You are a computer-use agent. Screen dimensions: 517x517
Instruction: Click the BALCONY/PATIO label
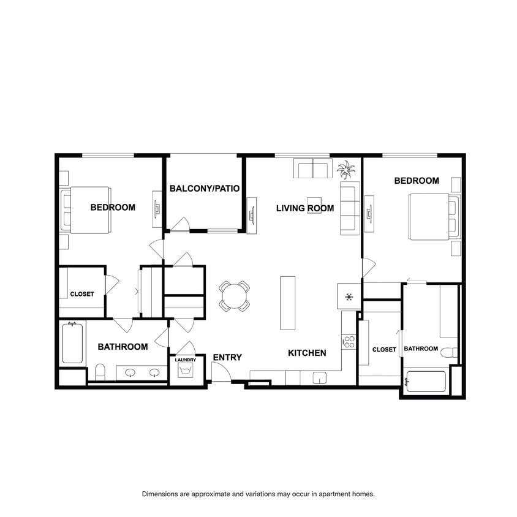(x=205, y=188)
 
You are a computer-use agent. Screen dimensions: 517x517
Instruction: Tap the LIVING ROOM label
(x=305, y=208)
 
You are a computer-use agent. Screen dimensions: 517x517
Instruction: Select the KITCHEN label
(x=307, y=353)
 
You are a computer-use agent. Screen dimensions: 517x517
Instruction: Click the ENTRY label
(x=227, y=357)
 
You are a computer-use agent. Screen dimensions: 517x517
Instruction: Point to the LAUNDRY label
(x=186, y=360)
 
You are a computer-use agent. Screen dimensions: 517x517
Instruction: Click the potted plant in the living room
(x=346, y=170)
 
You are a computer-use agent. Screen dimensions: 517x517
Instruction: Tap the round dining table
(x=234, y=296)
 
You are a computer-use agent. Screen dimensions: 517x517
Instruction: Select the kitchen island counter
(x=287, y=303)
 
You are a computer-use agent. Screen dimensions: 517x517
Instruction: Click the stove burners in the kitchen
(x=349, y=342)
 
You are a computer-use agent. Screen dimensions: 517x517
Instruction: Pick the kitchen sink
(x=319, y=378)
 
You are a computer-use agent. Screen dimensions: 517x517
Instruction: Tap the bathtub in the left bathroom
(x=72, y=342)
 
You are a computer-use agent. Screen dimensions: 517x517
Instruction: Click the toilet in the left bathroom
(x=100, y=372)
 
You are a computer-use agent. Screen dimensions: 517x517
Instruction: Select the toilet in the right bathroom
(x=450, y=352)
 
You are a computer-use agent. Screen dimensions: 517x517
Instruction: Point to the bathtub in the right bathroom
(x=426, y=382)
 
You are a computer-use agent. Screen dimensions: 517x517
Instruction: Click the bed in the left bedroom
(x=86, y=210)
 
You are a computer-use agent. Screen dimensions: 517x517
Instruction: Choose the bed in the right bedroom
(x=434, y=217)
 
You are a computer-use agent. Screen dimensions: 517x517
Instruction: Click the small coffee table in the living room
(x=314, y=205)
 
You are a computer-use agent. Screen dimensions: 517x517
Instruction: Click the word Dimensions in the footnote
(x=160, y=494)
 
